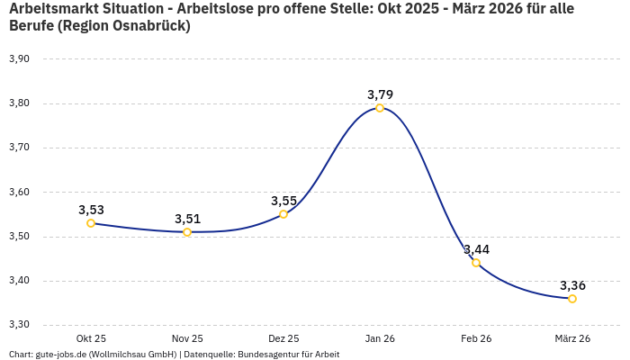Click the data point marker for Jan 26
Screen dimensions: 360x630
[x=380, y=108]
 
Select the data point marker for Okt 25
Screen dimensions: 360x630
[x=91, y=223]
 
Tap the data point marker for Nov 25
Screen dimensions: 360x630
[x=187, y=232]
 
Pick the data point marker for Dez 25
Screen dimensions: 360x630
[x=283, y=214]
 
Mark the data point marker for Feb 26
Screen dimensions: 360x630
[x=476, y=263]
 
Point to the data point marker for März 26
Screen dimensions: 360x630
[x=572, y=299]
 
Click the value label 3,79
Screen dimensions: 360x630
[x=380, y=94]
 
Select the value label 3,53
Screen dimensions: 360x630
[x=91, y=210]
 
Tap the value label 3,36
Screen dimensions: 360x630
[x=572, y=285]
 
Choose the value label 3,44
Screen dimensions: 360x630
[x=476, y=249]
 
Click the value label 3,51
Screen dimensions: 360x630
[x=187, y=219]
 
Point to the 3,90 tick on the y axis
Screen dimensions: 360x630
[x=19, y=59]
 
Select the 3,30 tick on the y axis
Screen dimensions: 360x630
[x=19, y=325]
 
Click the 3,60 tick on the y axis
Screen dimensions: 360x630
[x=19, y=192]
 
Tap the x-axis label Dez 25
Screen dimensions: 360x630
[x=283, y=338]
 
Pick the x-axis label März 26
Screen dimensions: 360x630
[x=572, y=338]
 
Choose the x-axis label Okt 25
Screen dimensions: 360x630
[x=91, y=338]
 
